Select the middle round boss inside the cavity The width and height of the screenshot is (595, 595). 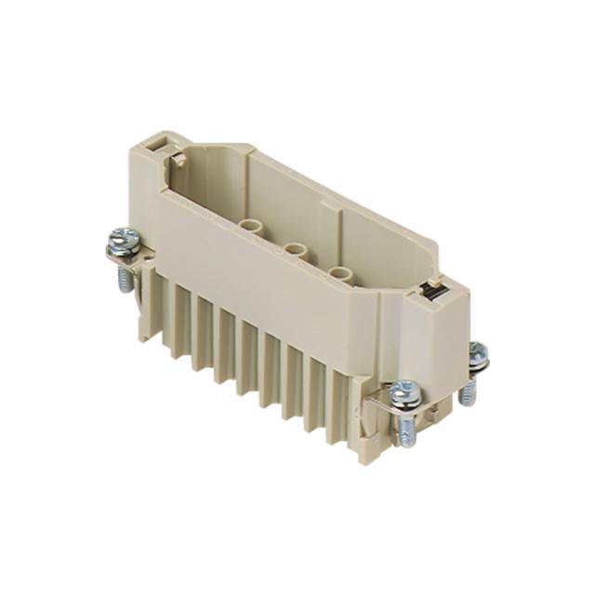click(297, 252)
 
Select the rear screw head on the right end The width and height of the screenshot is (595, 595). click(477, 351)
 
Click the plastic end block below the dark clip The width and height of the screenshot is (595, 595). click(437, 344)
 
